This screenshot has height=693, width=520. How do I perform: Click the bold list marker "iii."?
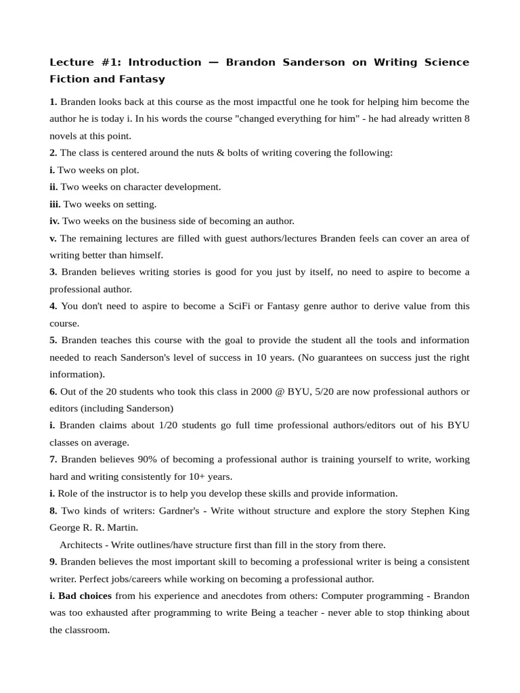coord(55,204)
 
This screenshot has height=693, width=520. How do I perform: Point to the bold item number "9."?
coord(53,562)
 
